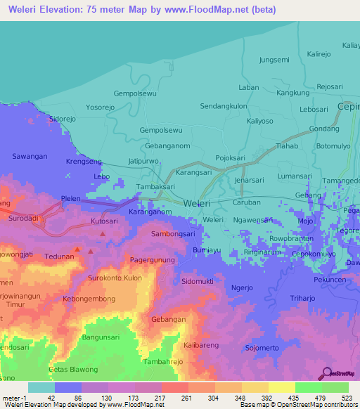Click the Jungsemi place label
pos(274,60)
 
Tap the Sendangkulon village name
pos(224,106)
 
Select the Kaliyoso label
pos(259,121)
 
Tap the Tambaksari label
pos(155,187)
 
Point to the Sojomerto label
pos(262,348)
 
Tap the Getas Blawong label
pos(73,370)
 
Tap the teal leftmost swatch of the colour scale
pos(41,387)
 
